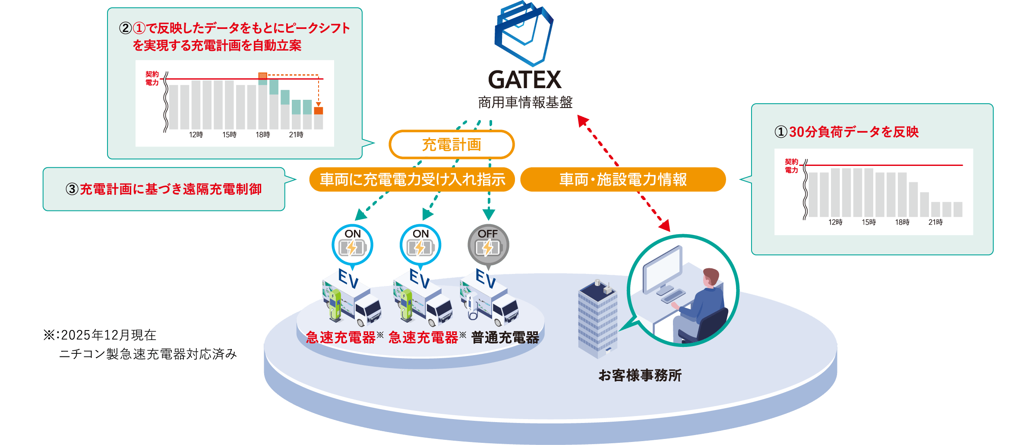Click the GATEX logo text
coord(524,80)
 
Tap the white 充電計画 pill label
coord(452,145)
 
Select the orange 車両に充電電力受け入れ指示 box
coord(412,179)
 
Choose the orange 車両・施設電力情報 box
coord(623,179)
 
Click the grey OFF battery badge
coord(488,245)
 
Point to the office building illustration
coord(598,320)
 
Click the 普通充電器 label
coord(505,337)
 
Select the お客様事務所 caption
coord(640,375)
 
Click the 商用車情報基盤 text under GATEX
coord(525,102)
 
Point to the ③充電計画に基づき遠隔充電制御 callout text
coord(164,189)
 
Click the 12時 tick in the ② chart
coord(196,135)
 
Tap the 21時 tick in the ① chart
coord(935,222)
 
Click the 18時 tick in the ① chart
coord(902,222)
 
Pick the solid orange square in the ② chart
coord(319,111)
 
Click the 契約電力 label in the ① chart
coord(792,166)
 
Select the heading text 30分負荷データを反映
coord(854,132)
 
